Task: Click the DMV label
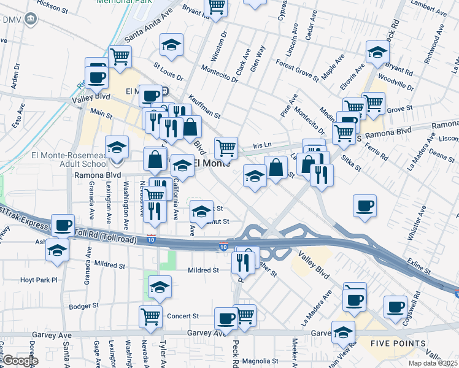click(12, 20)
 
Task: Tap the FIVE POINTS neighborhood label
click(398, 343)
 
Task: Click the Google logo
click(19, 361)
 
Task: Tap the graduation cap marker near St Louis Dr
click(172, 45)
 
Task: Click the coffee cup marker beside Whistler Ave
click(365, 205)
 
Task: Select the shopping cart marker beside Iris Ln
click(226, 147)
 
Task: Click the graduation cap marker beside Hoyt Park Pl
click(58, 250)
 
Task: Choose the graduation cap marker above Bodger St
click(160, 286)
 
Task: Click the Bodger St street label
click(83, 306)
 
